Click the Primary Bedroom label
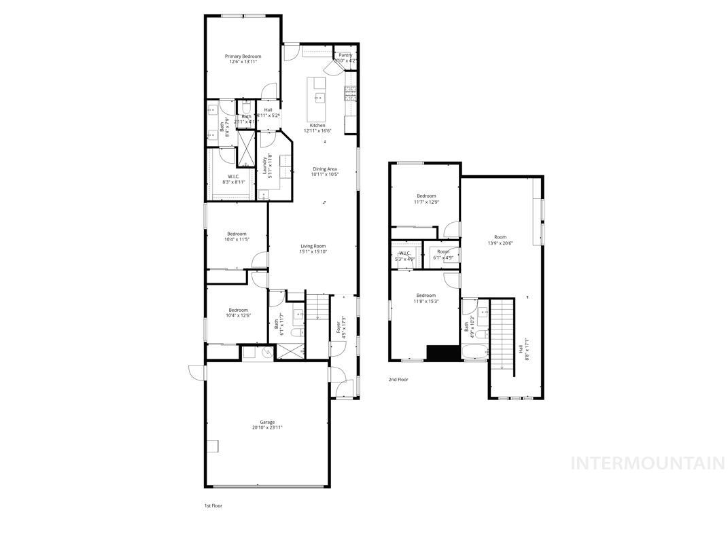click(x=243, y=59)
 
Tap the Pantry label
click(x=345, y=58)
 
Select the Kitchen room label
click(x=317, y=128)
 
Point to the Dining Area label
click(x=324, y=172)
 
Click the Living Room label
click(x=313, y=249)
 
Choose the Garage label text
click(x=267, y=425)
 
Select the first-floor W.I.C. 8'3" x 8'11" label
click(x=233, y=179)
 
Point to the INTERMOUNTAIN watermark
click(x=648, y=463)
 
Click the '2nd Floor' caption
click(x=398, y=380)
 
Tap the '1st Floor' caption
click(x=213, y=505)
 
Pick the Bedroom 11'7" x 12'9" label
click(x=426, y=199)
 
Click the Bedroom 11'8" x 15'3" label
click(x=426, y=298)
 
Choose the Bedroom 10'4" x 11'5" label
click(x=237, y=236)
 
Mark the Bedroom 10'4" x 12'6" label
click(x=238, y=313)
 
